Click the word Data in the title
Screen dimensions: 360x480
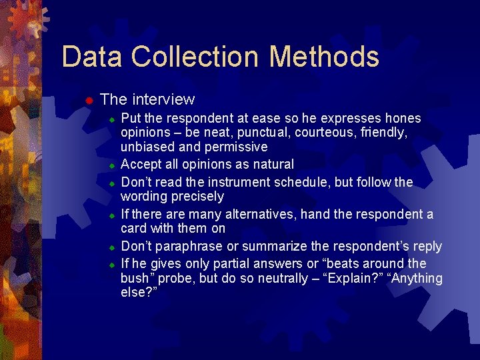pos(92,57)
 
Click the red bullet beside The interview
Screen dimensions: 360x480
pos(87,101)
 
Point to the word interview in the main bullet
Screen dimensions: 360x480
pos(163,100)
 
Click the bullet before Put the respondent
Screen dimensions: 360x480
pos(113,119)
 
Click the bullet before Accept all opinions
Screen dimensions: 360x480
pos(113,165)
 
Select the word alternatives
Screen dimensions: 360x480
pos(258,214)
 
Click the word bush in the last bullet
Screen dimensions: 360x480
pos(135,278)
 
